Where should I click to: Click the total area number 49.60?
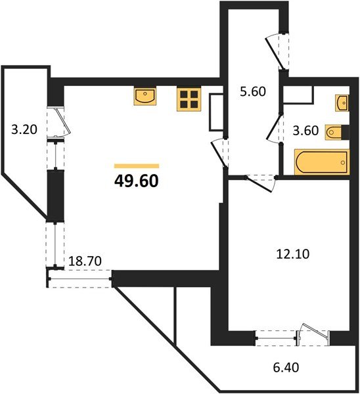pyautogui.click(x=136, y=181)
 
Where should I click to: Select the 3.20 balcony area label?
pyautogui.click(x=24, y=129)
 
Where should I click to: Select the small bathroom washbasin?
pyautogui.click(x=341, y=103)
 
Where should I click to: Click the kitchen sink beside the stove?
pyautogui.click(x=145, y=97)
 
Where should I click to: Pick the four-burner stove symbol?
pyautogui.click(x=189, y=98)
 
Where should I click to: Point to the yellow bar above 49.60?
pyautogui.click(x=136, y=166)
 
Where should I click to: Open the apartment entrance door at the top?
pyautogui.click(x=277, y=49)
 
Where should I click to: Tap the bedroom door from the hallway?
pyautogui.click(x=258, y=182)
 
